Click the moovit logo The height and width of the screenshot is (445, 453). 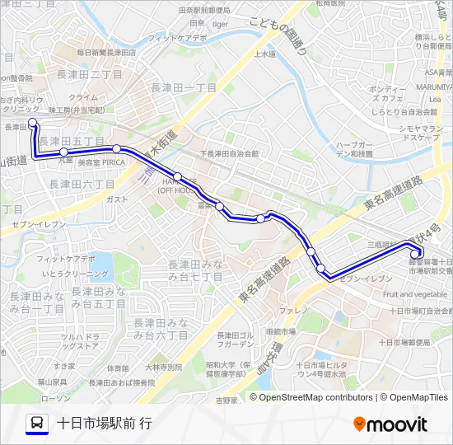390,424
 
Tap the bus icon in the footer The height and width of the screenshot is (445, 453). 38,424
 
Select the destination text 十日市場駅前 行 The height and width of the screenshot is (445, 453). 105,424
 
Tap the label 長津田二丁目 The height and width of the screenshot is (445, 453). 89,74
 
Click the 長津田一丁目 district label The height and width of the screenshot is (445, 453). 184,87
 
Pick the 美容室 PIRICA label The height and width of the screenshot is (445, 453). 101,162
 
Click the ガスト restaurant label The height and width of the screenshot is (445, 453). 117,199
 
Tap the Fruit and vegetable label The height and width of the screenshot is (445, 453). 415,294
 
